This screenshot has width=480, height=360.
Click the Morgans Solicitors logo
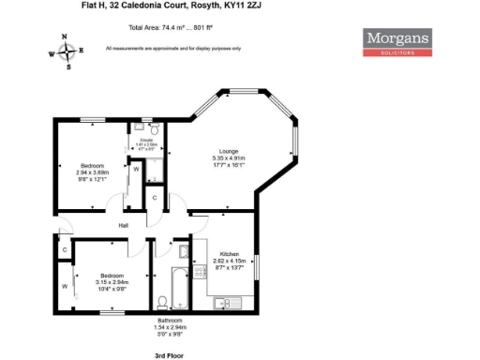tap(398, 42)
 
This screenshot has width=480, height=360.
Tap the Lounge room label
tap(228, 154)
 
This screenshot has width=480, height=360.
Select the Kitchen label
tap(231, 254)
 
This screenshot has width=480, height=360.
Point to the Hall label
tap(123, 226)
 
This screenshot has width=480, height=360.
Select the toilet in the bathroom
tap(162, 300)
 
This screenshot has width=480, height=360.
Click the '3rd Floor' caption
tap(168, 356)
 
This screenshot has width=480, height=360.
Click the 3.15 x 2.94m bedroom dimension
tap(112, 281)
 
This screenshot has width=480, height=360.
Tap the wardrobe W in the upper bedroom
tap(136, 170)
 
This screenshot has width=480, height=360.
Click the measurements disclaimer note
tap(173, 47)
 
